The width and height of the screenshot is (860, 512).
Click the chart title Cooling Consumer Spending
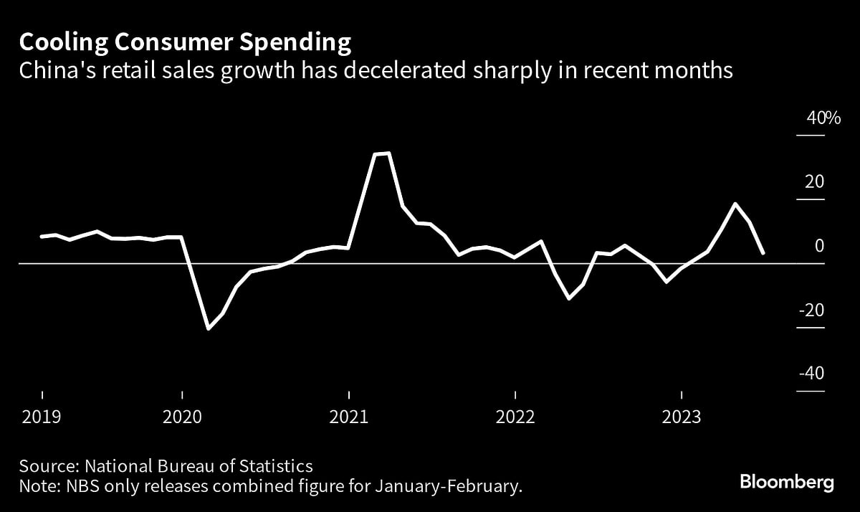point(186,43)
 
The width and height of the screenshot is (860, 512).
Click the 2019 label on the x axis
point(42,417)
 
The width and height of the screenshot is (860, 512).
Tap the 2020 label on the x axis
point(182,417)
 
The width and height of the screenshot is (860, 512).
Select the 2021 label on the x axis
point(349,417)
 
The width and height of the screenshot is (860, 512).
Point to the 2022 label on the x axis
point(515,417)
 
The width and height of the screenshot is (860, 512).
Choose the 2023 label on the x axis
point(681,417)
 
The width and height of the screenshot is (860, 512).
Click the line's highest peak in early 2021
point(388,153)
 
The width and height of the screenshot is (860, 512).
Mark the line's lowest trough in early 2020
point(209,328)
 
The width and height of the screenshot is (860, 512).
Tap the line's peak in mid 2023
point(735,204)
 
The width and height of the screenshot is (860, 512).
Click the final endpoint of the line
point(763,252)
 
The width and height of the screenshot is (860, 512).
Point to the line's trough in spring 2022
point(569,298)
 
